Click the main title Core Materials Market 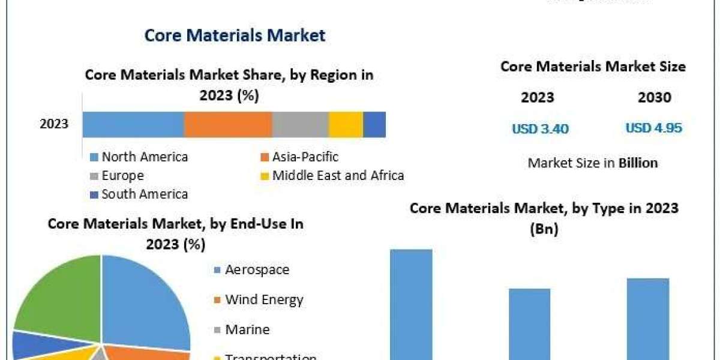(235, 35)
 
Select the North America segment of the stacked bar (133, 125)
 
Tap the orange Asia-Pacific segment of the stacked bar (228, 125)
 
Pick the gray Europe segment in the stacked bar (300, 125)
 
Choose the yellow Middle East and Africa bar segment (346, 125)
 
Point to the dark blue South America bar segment (374, 125)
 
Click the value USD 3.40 (540, 128)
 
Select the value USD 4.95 (654, 128)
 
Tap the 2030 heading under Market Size (655, 97)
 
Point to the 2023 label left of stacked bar (54, 125)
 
